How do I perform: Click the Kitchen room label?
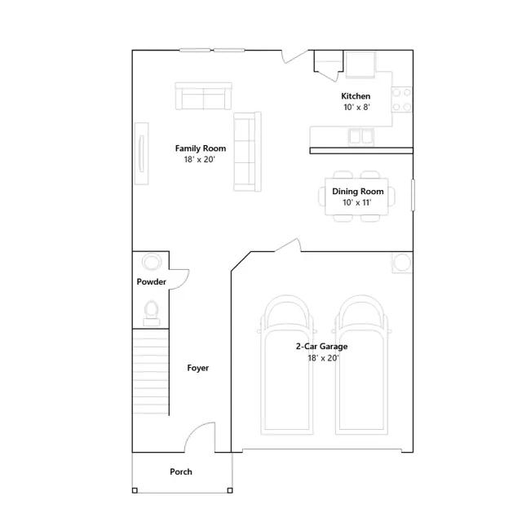(x=356, y=96)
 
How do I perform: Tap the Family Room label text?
(x=201, y=148)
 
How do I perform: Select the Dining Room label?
(x=358, y=192)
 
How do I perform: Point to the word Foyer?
(x=197, y=368)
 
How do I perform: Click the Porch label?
(x=181, y=471)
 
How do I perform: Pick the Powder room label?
(x=151, y=282)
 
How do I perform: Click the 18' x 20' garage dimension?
(x=323, y=358)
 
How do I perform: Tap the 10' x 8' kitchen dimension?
(x=357, y=107)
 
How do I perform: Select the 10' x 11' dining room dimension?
(x=357, y=202)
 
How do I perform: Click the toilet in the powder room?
(x=152, y=313)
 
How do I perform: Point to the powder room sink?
(x=152, y=262)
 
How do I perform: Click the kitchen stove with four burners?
(x=401, y=100)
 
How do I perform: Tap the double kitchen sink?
(x=361, y=136)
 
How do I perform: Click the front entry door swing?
(x=200, y=437)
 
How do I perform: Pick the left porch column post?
(x=135, y=490)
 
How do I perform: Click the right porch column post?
(x=230, y=490)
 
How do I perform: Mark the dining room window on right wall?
(x=413, y=195)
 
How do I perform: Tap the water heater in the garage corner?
(x=402, y=263)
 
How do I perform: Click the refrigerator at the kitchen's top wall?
(x=361, y=64)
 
